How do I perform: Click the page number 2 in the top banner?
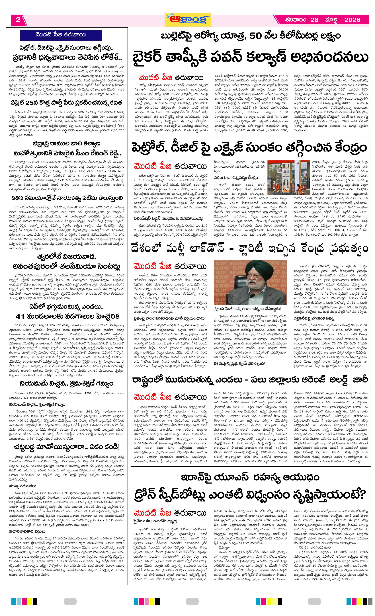[x=18, y=20]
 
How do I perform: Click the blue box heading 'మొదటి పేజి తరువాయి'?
[x=61, y=35]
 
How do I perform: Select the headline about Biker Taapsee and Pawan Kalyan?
[x=250, y=57]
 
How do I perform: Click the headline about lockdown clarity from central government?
[x=250, y=249]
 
